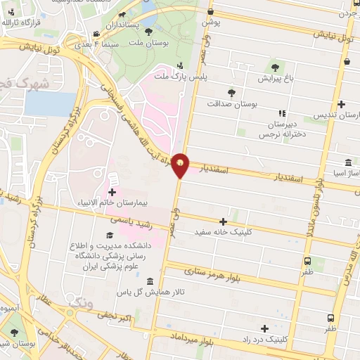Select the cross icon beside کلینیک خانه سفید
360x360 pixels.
click(x=224, y=221)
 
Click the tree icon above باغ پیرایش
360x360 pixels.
click(x=274, y=68)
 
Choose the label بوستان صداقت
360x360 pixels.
click(x=232, y=103)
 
